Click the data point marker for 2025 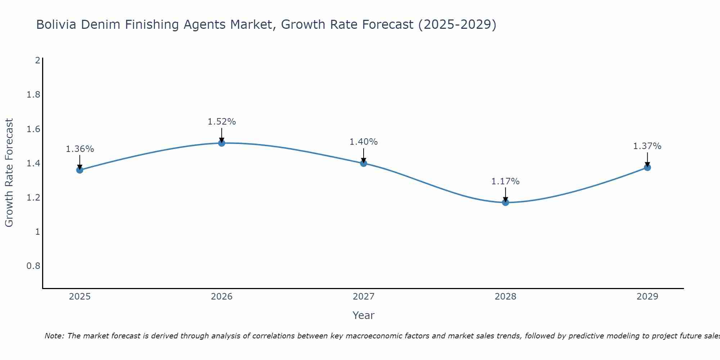coord(80,170)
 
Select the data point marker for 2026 coord(221,143)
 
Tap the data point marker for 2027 coord(364,163)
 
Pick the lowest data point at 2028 coord(505,202)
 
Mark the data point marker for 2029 coord(647,167)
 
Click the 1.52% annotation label coord(221,122)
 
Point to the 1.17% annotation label coord(505,181)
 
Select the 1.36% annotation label coord(80,149)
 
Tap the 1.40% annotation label coord(364,142)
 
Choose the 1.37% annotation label coord(647,146)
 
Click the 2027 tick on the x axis coord(364,297)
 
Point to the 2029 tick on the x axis coord(647,297)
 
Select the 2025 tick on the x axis coord(80,297)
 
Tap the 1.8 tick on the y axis coord(33,95)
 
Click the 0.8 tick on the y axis coord(33,266)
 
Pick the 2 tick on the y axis coord(37,60)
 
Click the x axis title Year coord(364,315)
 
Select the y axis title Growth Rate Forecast coord(9,173)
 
